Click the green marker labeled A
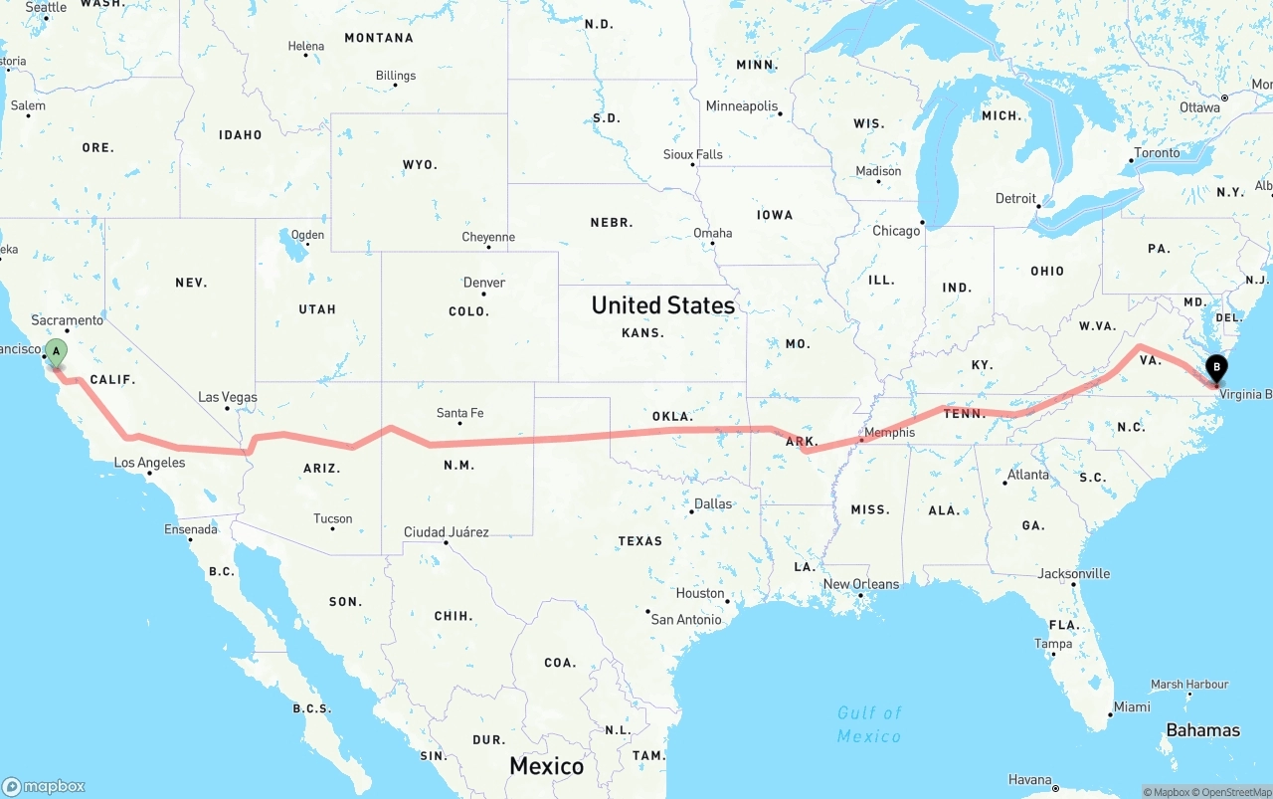[x=57, y=352]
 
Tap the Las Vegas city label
[x=228, y=397]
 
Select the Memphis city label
[x=889, y=433]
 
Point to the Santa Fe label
[x=459, y=413]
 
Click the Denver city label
[x=484, y=283]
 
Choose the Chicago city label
[x=896, y=231]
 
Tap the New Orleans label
[x=861, y=584]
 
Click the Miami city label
[x=1132, y=707]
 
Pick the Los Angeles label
[x=149, y=463]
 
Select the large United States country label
[x=663, y=305]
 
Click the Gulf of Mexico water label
[x=869, y=724]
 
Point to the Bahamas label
[x=1202, y=730]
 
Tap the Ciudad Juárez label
[x=446, y=532]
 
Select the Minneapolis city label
[x=742, y=106]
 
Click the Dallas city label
[x=712, y=504]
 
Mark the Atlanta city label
[x=1027, y=475]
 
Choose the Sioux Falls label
[x=693, y=155]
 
